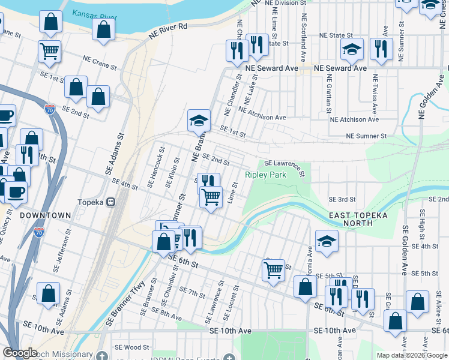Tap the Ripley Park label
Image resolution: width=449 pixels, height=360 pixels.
click(x=265, y=175)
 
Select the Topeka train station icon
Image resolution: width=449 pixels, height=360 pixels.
click(x=110, y=203)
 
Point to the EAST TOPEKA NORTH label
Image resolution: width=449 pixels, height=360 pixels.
click(x=358, y=219)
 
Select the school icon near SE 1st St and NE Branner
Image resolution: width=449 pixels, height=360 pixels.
click(x=199, y=121)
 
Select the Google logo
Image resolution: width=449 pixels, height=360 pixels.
click(x=20, y=353)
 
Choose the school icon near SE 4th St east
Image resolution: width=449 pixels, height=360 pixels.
click(x=327, y=241)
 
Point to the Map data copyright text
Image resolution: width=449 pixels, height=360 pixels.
click(x=411, y=355)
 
